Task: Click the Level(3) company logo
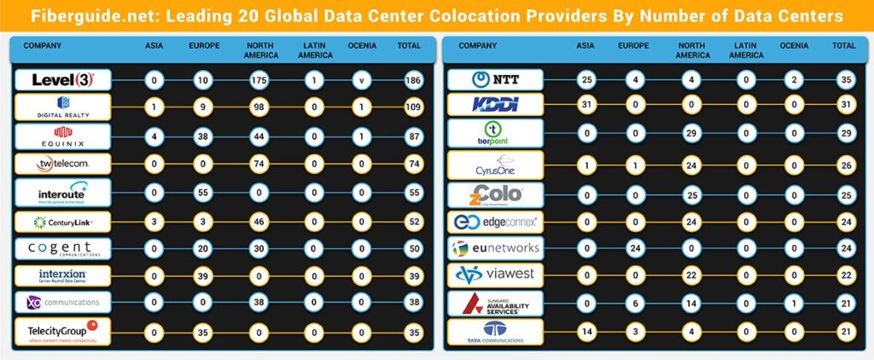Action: coord(62,80)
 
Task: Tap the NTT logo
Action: coord(497,80)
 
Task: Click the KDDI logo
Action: coord(497,104)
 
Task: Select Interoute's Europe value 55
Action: coord(204,193)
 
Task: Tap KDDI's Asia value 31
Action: coord(586,104)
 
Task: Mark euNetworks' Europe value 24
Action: coord(634,247)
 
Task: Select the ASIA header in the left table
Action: coord(154,45)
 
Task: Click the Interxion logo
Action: coord(62,276)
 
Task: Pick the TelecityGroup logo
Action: coord(62,331)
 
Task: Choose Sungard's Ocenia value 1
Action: coord(795,304)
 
